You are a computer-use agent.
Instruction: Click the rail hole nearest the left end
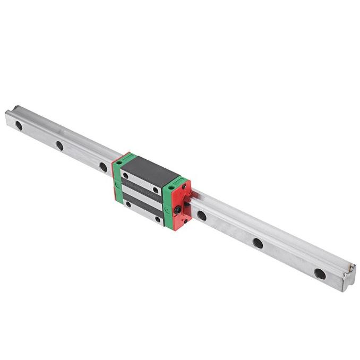click(18, 126)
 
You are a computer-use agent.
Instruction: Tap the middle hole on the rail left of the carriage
click(59, 145)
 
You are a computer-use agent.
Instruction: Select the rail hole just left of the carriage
click(103, 167)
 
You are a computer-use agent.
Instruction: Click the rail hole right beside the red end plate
click(202, 216)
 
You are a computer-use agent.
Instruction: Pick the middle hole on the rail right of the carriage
click(258, 243)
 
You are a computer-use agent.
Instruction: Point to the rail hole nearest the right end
click(320, 274)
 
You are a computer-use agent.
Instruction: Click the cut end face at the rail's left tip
click(9, 118)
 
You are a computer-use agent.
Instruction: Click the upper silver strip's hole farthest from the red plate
click(126, 175)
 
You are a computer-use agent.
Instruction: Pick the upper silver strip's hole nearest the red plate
click(156, 190)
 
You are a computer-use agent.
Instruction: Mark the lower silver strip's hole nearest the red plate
click(157, 219)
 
